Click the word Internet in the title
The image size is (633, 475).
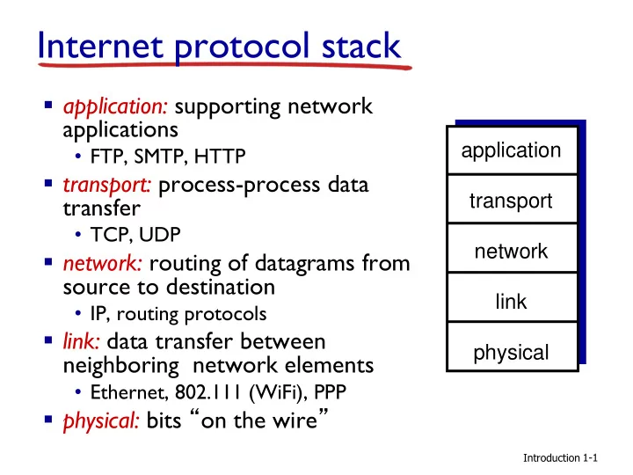pyautogui.click(x=100, y=45)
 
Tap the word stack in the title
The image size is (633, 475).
pyautogui.click(x=361, y=45)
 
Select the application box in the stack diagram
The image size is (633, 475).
pyautogui.click(x=512, y=150)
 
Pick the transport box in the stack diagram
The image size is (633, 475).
pyautogui.click(x=512, y=199)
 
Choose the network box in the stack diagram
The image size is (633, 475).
pyautogui.click(x=512, y=248)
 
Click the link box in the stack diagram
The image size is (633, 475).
pyautogui.click(x=512, y=297)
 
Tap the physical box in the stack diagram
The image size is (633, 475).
pyautogui.click(x=512, y=347)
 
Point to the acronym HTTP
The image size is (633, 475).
pyautogui.click(x=220, y=157)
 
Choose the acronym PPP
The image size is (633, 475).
pyautogui.click(x=331, y=391)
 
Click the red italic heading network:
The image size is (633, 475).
pyautogui.click(x=103, y=263)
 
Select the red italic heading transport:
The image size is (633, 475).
pyautogui.click(x=107, y=186)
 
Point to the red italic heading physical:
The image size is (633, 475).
pyautogui.click(x=101, y=420)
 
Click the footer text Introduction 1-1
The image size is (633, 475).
pyautogui.click(x=560, y=458)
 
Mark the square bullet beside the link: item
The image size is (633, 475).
pyautogui.click(x=48, y=340)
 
